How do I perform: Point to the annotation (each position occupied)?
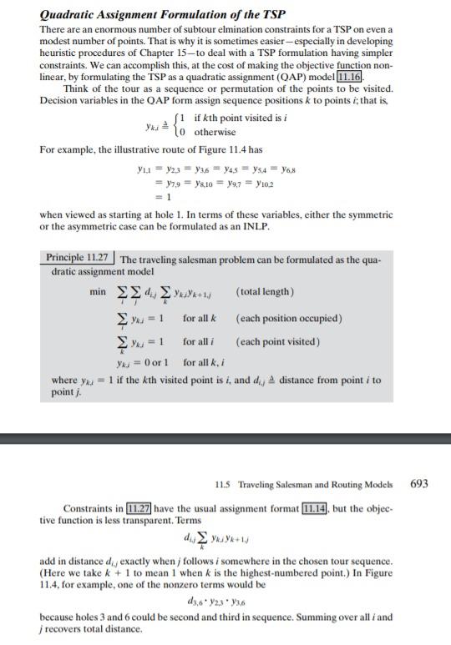pos(289,320)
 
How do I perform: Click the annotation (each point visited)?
pos(278,341)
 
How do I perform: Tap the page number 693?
pos(419,483)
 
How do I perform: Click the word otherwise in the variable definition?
pos(215,133)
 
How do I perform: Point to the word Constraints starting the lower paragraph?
pos(88,509)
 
